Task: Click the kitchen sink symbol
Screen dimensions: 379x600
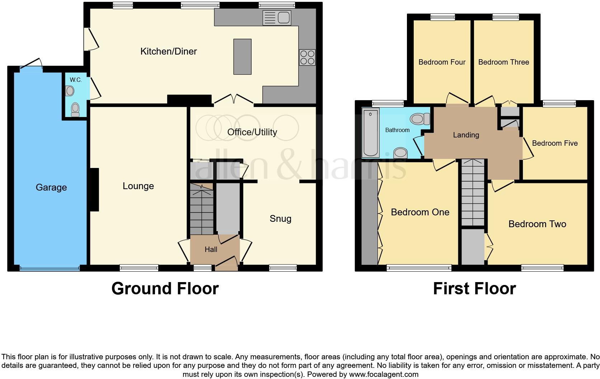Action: pos(277,18)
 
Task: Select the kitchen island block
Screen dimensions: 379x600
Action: pos(242,57)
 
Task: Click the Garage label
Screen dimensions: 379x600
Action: pos(51,187)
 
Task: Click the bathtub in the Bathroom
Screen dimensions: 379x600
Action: pos(371,134)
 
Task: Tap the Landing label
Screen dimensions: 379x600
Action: pos(466,135)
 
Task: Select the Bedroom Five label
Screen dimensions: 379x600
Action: pos(554,143)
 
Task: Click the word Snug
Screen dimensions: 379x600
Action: pos(280,219)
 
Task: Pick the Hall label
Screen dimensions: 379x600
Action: pos(211,249)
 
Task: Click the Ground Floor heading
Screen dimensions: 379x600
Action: pos(165,289)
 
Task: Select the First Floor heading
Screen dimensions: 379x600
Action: pos(474,289)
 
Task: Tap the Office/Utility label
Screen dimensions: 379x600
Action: pos(252,132)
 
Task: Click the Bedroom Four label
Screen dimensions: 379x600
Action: pos(442,62)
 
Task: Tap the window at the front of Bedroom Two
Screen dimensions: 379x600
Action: pos(542,267)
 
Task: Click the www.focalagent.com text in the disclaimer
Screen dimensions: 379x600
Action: pos(384,374)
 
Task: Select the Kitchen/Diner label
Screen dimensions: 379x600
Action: pos(168,51)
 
